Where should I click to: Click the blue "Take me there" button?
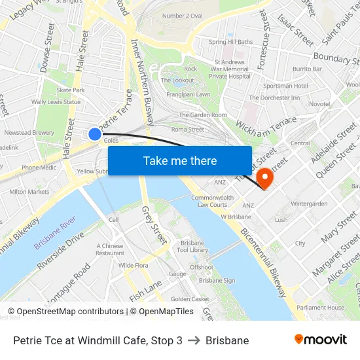coord(180,160)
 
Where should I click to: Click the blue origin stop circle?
coord(95,134)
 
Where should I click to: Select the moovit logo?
coord(321,340)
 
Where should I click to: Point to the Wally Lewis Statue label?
coord(56,102)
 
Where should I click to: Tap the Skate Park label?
coord(71,90)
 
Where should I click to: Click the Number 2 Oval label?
coord(182,15)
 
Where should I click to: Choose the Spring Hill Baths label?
coord(230,42)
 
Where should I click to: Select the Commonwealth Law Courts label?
coord(212,201)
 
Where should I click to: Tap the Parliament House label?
coord(320,308)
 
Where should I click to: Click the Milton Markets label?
coord(29,192)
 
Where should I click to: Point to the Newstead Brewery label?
coord(29,132)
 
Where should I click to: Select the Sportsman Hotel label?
coord(285,86)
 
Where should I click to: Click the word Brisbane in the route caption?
coord(227,340)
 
